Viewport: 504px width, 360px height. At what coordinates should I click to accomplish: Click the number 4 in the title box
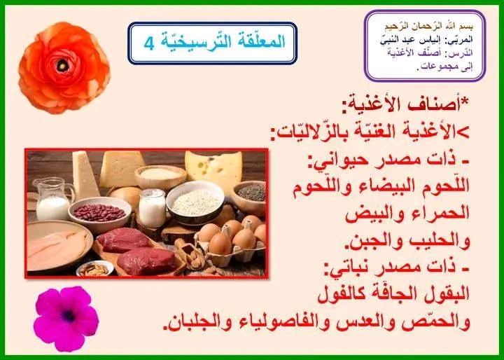149,44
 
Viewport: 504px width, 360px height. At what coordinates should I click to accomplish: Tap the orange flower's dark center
62,66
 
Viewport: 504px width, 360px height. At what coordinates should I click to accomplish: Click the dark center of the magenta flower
69,316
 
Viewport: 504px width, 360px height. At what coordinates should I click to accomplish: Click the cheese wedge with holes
213,170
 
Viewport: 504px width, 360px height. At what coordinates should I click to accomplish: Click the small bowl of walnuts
94,268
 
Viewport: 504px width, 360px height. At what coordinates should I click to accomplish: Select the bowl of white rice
195,202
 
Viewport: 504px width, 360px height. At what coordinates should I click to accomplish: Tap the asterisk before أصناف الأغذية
465,100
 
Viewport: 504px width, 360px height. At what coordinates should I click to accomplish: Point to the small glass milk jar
152,208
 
